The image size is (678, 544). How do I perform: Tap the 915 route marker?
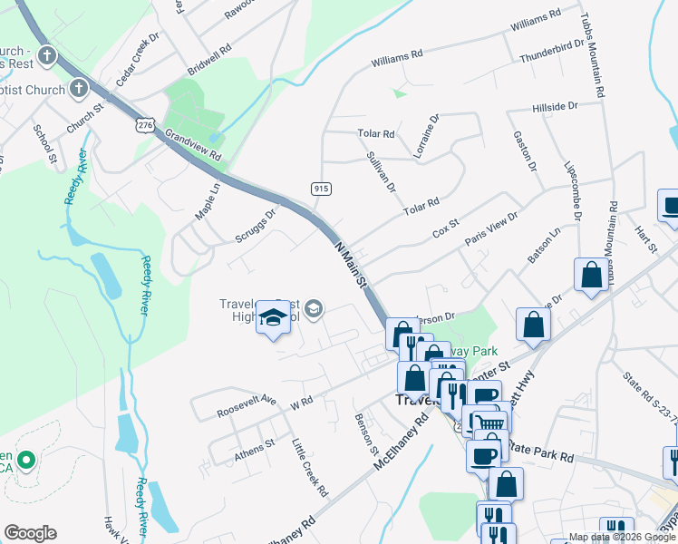tap(320, 189)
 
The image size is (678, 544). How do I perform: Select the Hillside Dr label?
tap(555, 107)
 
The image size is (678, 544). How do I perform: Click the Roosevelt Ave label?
tap(246, 406)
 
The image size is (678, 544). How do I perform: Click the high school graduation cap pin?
tap(271, 318)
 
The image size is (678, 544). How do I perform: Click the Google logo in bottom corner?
tap(30, 533)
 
